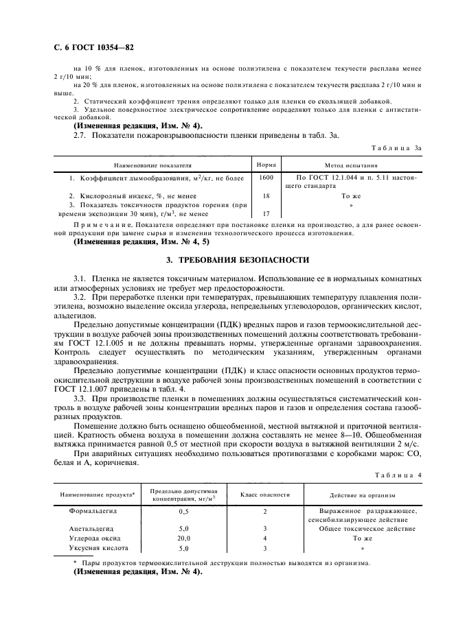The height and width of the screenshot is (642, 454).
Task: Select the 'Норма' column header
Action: pos(266,165)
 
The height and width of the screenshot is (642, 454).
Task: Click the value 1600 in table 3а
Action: pos(266,178)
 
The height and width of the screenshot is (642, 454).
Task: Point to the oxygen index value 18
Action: pos(266,195)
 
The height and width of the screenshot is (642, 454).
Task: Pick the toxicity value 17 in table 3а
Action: pos(266,213)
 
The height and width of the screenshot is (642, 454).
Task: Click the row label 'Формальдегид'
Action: pos(93,511)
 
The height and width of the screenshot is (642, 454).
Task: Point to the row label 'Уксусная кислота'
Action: pos(96,549)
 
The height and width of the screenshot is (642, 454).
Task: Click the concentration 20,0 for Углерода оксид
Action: pos(183,539)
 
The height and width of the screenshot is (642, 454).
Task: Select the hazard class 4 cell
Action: pos(264,539)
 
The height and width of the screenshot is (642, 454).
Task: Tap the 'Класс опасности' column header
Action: pos(264,495)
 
